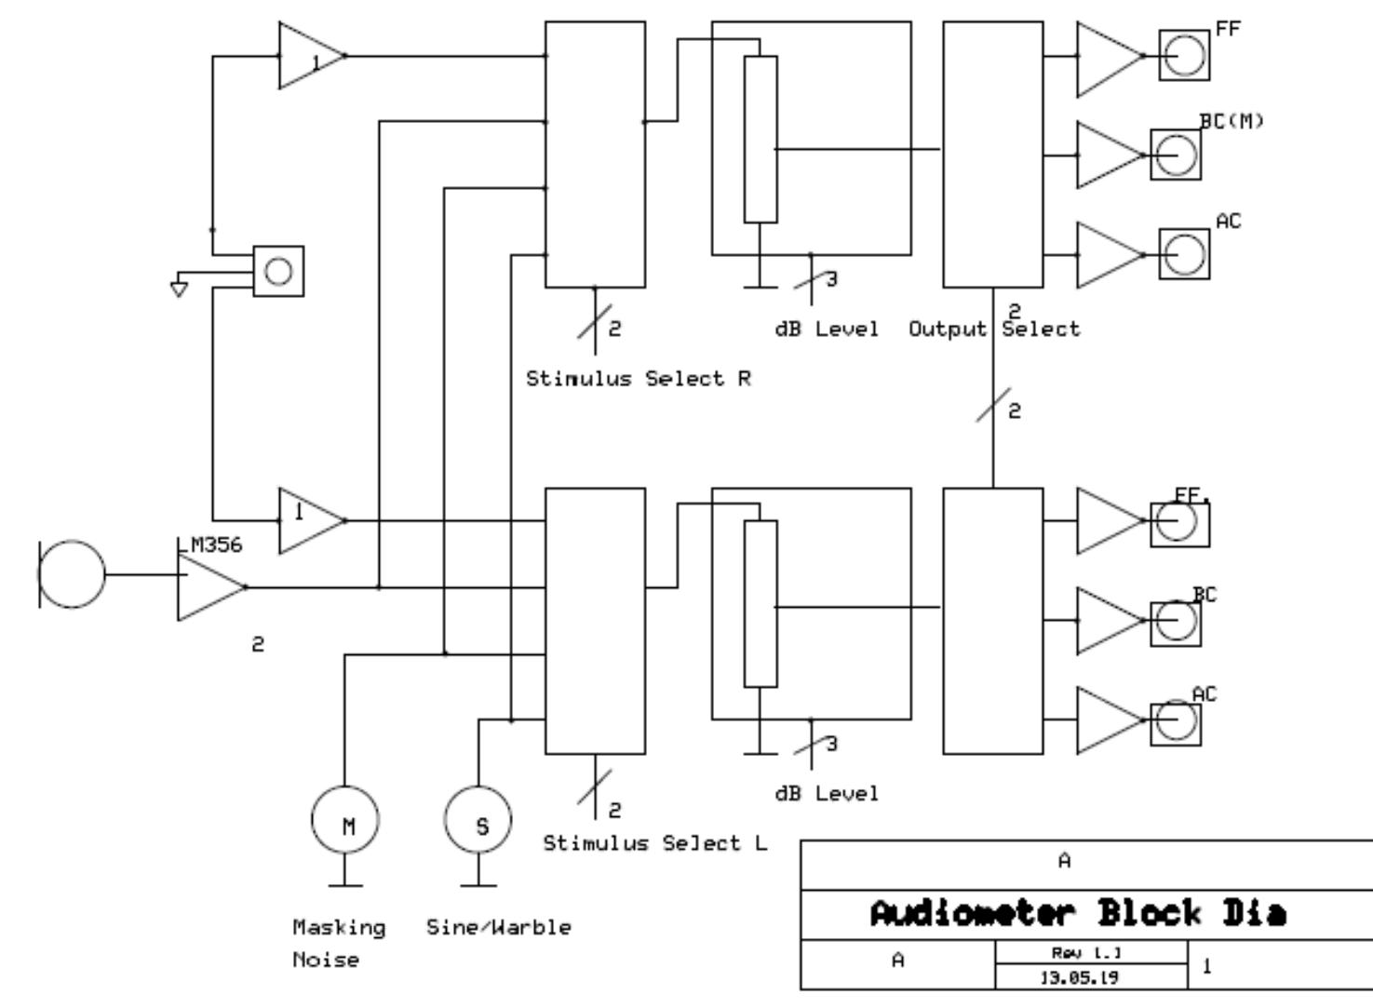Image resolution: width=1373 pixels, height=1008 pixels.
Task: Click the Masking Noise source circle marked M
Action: coord(345,821)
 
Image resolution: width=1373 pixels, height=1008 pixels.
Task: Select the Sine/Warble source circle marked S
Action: coord(478,821)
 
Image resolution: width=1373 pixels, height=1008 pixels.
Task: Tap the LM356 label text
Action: coord(210,545)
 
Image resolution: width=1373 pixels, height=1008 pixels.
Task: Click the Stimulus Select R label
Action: coord(639,379)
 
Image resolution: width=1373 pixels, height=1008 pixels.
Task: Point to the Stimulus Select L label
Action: coord(655,843)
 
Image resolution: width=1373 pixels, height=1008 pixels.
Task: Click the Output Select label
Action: coord(994,329)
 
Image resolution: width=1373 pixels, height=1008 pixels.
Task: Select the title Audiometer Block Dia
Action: coord(1078,914)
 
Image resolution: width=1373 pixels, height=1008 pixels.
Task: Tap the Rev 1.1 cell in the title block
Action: coord(1091,953)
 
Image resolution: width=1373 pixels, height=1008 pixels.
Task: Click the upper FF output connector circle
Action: coord(1184,55)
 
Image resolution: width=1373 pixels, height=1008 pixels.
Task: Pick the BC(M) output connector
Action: coord(1176,155)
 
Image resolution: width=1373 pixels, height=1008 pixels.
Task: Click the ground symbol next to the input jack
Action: coord(179,289)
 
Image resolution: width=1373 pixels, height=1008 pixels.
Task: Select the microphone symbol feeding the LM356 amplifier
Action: coord(73,575)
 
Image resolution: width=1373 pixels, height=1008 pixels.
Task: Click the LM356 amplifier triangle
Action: coord(207,587)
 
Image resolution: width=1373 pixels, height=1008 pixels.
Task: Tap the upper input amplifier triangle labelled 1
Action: coord(307,56)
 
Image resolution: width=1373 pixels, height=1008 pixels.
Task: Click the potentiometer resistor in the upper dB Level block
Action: coord(761,140)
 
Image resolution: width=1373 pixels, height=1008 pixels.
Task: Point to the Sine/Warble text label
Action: coord(499,927)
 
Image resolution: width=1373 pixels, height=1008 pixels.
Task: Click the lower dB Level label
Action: coord(827,794)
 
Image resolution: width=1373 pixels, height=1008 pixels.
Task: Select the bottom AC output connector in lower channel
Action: coord(1176,720)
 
